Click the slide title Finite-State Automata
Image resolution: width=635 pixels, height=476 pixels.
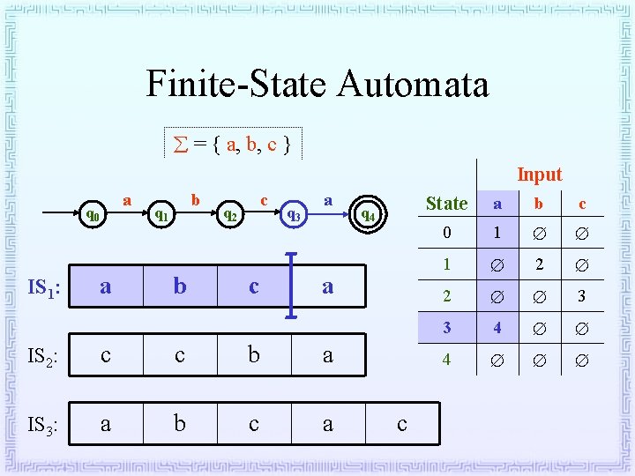coord(317,85)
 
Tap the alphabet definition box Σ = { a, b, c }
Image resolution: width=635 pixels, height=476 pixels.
coord(234,142)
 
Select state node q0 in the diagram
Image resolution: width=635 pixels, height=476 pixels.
coord(91,214)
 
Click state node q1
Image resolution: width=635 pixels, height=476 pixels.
coord(160,214)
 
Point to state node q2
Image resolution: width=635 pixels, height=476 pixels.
coord(228,214)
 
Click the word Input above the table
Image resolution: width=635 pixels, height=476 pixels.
coord(539,175)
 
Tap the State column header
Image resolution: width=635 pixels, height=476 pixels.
coord(446,204)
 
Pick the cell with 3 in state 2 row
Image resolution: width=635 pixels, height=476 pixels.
coord(581,296)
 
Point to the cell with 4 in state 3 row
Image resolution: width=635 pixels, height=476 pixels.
coord(497,328)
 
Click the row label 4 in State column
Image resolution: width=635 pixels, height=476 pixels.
coord(446,360)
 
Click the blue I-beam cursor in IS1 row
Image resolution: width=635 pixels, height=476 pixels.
coord(293,286)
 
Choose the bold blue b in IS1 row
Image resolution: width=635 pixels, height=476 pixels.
coord(180,286)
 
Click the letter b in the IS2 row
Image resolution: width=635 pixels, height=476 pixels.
coord(254,355)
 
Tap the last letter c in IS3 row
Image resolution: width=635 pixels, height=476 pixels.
coord(402,425)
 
